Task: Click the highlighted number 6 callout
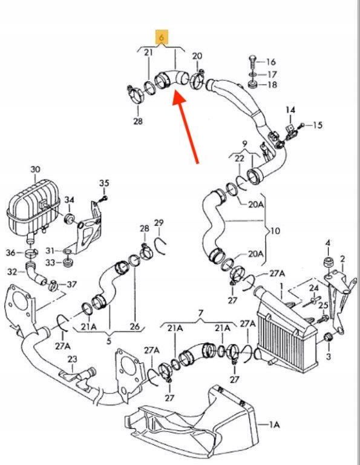click(162, 37)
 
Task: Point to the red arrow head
click(178, 99)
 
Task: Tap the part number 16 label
click(271, 62)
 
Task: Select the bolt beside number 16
click(252, 62)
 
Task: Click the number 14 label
click(290, 110)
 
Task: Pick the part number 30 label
click(35, 170)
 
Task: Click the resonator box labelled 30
click(33, 208)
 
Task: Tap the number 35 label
click(104, 183)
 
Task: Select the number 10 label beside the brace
click(275, 230)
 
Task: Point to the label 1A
click(274, 424)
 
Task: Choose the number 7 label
click(201, 313)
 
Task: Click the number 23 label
click(72, 359)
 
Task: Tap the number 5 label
click(109, 341)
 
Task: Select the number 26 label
click(134, 326)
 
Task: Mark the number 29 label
click(159, 222)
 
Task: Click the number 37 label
click(72, 285)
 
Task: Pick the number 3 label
click(329, 356)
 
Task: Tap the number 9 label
click(244, 144)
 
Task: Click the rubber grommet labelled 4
click(328, 263)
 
